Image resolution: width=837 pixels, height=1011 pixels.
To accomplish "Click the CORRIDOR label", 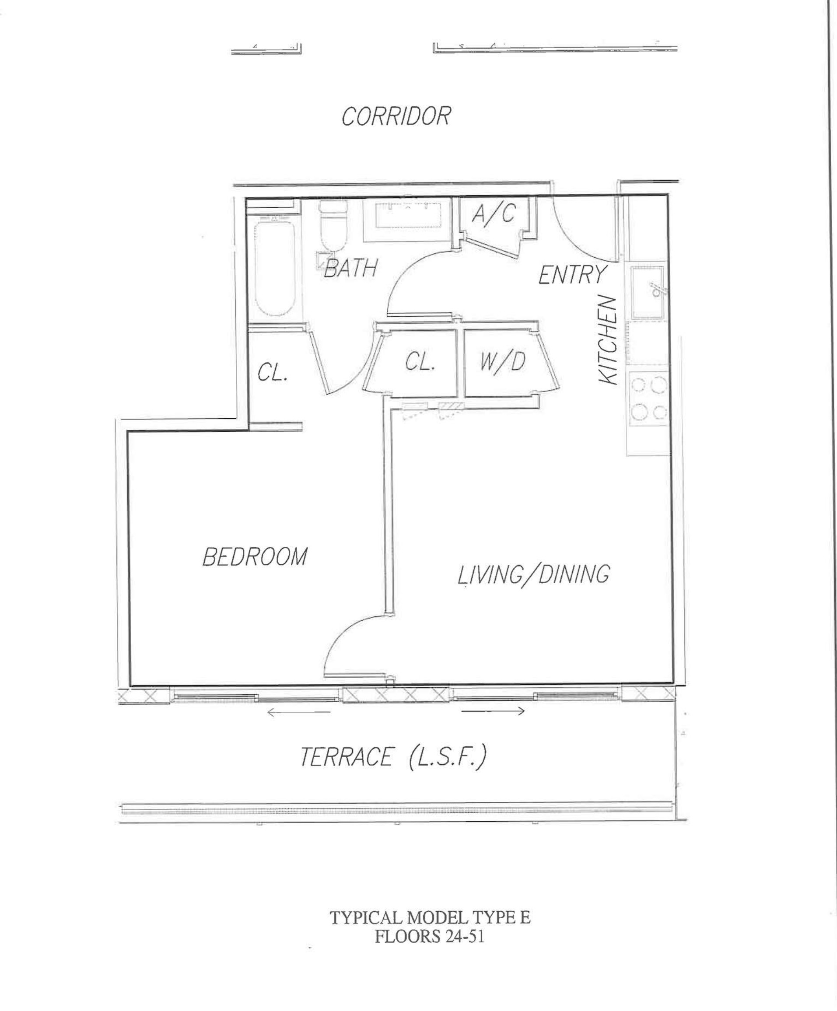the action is (x=396, y=116).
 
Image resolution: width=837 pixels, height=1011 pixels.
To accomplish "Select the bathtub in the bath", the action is (x=274, y=265).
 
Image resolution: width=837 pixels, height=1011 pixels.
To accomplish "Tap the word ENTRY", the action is (x=572, y=274).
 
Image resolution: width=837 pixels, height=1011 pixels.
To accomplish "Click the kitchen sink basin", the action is (x=647, y=292).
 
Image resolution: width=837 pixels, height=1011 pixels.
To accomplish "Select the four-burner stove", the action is (x=649, y=399).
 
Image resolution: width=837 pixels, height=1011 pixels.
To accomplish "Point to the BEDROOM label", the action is (x=255, y=557).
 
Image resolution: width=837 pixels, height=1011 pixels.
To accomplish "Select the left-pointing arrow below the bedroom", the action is (x=298, y=712).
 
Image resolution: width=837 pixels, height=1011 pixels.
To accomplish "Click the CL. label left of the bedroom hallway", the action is (x=273, y=372).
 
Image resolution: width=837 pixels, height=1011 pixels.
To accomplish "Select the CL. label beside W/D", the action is (x=420, y=361).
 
